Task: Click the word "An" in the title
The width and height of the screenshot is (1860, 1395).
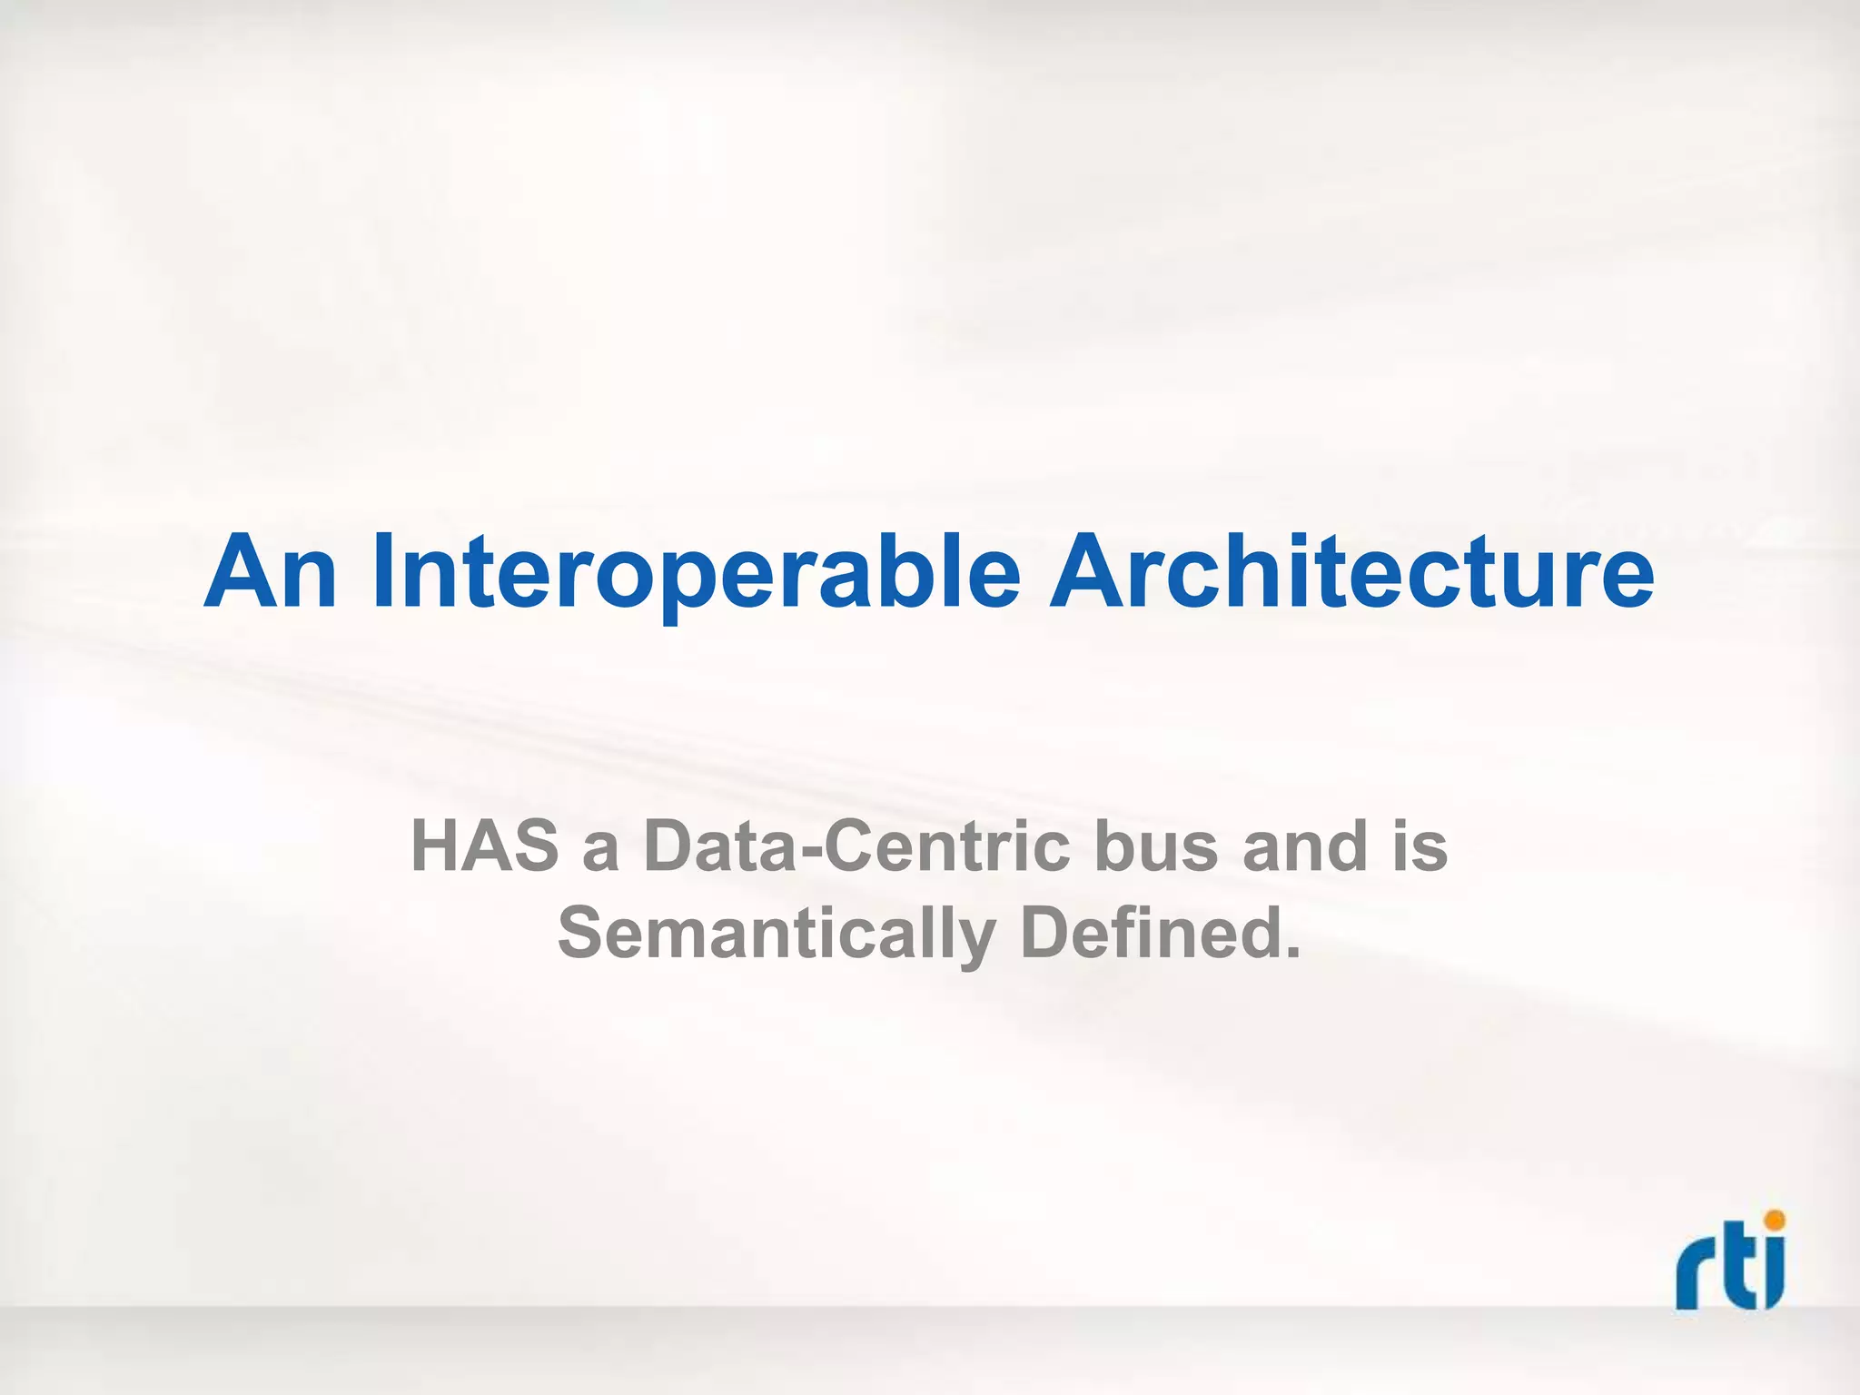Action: coord(271,573)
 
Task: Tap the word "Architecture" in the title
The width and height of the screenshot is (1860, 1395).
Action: coord(1351,573)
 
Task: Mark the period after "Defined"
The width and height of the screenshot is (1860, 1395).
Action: coord(1291,954)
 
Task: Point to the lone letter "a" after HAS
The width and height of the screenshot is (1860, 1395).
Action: coord(600,854)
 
